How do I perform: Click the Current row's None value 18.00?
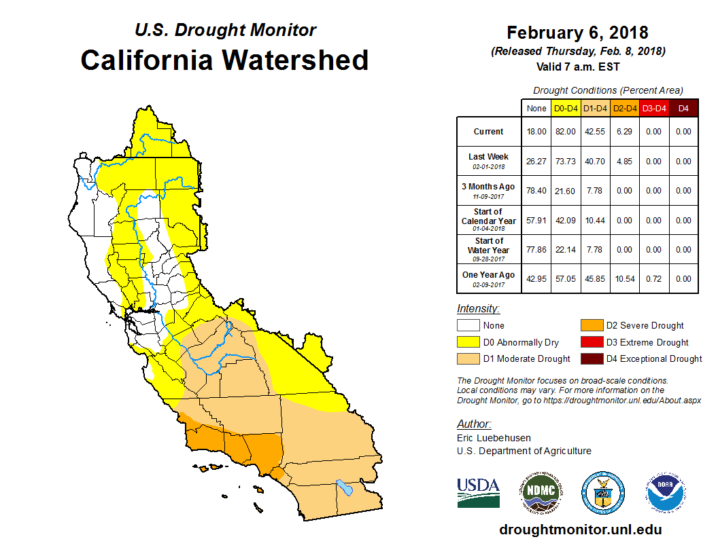[536, 132]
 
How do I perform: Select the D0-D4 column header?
[566, 108]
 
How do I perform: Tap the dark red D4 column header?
[683, 108]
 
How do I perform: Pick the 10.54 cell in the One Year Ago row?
[624, 279]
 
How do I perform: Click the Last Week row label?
[488, 160]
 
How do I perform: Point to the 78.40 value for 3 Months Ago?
[536, 191]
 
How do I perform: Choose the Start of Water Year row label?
[488, 249]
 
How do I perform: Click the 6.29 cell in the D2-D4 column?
[624, 132]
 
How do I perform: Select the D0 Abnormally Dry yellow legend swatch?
[468, 342]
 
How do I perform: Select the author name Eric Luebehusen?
[494, 438]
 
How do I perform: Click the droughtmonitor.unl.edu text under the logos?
[580, 530]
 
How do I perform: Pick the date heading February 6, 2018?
[577, 33]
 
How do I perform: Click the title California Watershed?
[224, 60]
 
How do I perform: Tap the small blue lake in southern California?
[345, 487]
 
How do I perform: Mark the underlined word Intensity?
[478, 309]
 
